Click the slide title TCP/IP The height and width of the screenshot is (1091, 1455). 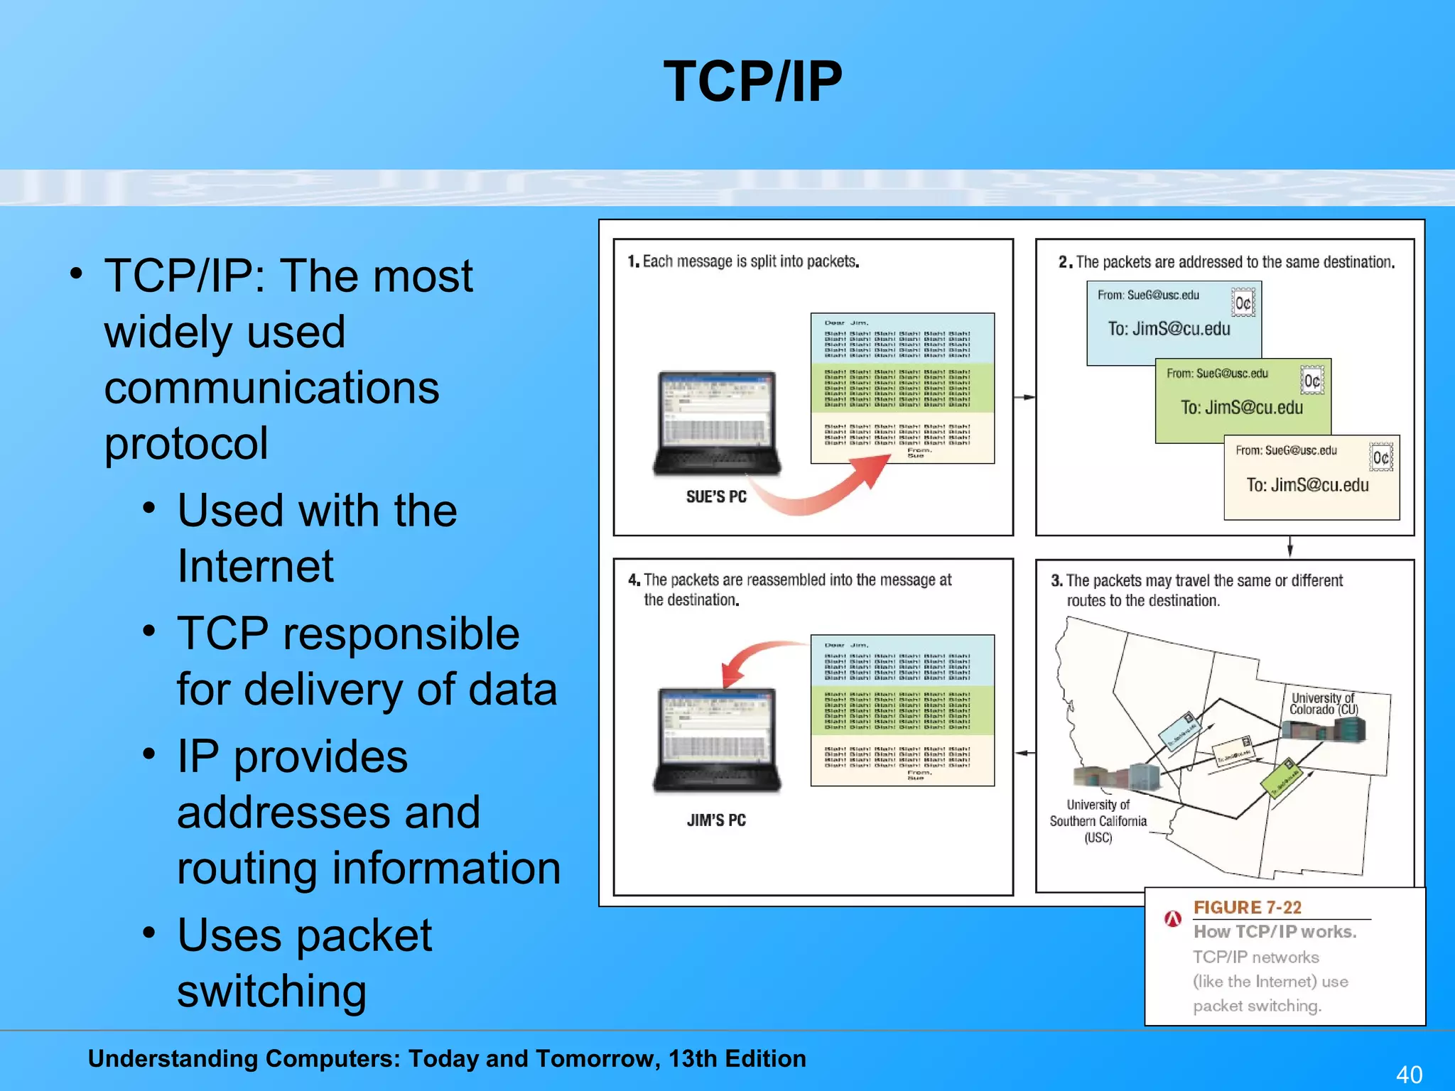pos(752,82)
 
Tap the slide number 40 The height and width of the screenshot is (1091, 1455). pos(1409,1074)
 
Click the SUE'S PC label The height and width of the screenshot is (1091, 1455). pos(716,497)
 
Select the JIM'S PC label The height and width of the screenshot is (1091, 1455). pos(716,820)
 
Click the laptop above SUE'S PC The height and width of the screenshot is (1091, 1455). pos(716,423)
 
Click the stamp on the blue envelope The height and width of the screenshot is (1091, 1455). pos(1243,303)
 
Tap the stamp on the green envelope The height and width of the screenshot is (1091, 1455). pos(1311,381)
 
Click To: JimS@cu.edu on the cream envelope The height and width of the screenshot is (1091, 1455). pos(1307,485)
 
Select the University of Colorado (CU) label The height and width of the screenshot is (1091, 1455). pos(1324,703)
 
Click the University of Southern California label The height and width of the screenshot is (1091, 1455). pos(1098,821)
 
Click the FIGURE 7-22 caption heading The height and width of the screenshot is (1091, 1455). pos(1248,908)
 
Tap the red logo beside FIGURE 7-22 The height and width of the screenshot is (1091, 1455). pos(1173,919)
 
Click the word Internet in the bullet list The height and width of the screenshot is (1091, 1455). pos(255,566)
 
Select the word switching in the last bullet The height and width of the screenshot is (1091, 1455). pos(271,991)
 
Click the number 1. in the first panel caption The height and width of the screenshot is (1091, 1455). pos(634,261)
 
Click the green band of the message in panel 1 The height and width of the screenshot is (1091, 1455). pos(902,387)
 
